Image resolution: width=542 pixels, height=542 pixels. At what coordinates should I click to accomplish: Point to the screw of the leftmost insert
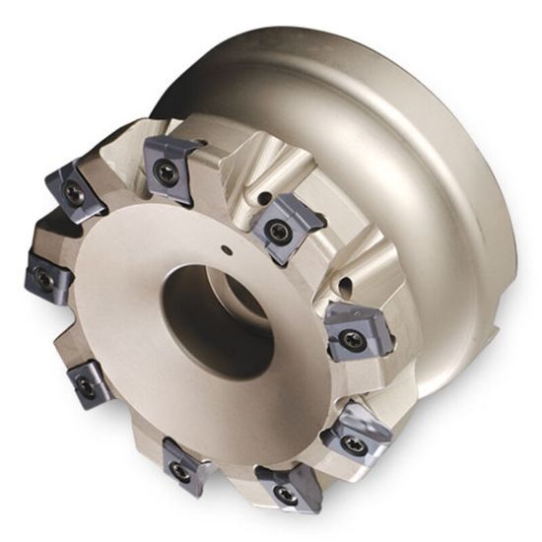point(42,280)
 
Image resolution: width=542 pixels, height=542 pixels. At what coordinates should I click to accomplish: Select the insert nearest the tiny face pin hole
point(280,226)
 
